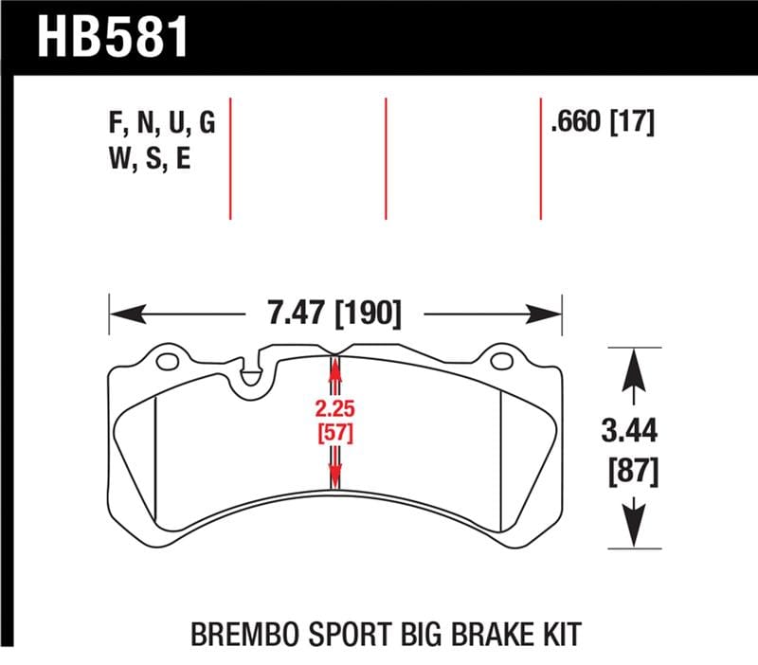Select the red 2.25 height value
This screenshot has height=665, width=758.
tap(333, 409)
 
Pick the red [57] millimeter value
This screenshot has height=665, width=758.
tap(333, 434)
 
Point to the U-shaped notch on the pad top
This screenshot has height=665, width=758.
tap(251, 372)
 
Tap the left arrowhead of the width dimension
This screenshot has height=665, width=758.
tap(119, 314)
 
